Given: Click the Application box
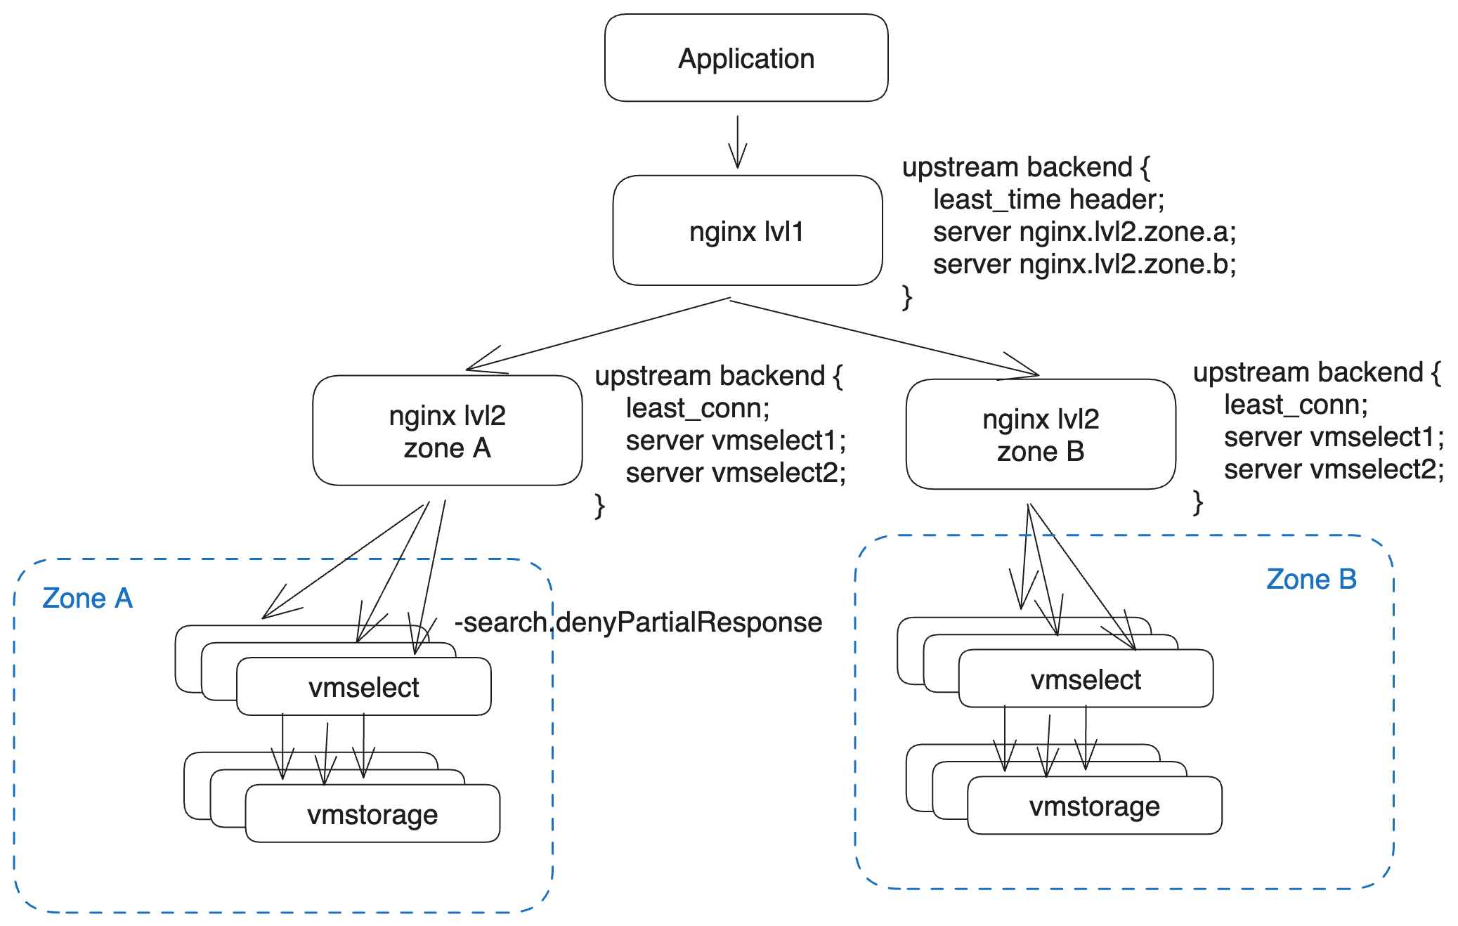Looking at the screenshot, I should tap(746, 58).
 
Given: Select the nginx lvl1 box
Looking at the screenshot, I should tap(746, 231).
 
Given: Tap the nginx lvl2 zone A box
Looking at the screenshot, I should tap(447, 431).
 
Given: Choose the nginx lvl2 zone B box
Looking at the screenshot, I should tap(1040, 435).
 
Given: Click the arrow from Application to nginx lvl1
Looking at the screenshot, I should tap(737, 142).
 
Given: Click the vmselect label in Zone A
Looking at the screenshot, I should tap(363, 687).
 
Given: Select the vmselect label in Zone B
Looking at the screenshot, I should tap(1086, 679).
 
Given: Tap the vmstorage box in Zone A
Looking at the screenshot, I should tap(372, 814).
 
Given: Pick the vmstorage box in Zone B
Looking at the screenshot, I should tap(1094, 806).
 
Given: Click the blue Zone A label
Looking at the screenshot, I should tap(87, 598).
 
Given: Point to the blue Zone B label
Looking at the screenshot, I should tap(1310, 579).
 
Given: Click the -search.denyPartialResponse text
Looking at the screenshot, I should tap(638, 622).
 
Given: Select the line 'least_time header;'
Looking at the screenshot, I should tap(1048, 200).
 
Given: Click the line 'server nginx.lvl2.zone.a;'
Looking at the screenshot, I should tap(1083, 232).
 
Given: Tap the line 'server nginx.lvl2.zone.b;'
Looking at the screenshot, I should tap(1083, 264).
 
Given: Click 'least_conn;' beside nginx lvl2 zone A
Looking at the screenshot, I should tap(697, 408).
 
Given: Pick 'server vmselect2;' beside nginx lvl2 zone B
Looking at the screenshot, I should tap(1333, 469).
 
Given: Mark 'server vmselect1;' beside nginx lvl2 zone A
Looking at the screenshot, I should tap(735, 441).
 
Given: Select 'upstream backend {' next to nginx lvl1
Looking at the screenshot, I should tap(1025, 167).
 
